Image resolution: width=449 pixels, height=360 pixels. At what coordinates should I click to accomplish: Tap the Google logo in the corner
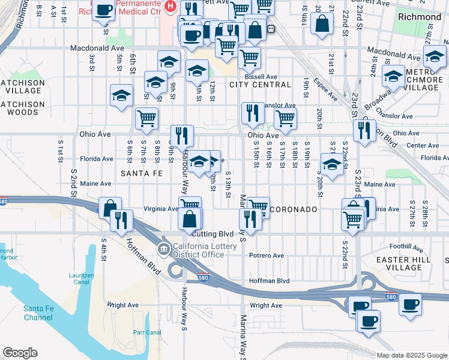pyautogui.click(x=20, y=353)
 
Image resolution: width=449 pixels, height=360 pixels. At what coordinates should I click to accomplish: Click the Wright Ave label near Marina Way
pyautogui.click(x=266, y=305)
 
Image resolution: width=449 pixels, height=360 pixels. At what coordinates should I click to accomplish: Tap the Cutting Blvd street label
pyautogui.click(x=214, y=233)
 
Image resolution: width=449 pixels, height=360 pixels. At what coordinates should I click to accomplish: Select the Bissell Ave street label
pyautogui.click(x=264, y=77)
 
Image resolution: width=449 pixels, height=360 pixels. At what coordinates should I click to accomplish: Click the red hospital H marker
pyautogui.click(x=170, y=7)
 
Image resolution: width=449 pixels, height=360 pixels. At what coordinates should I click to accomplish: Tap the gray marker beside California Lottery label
pyautogui.click(x=162, y=249)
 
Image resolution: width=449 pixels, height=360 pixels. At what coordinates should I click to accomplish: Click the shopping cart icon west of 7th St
pyautogui.click(x=146, y=118)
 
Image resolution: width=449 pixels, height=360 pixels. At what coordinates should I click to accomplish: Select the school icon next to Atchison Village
pyautogui.click(x=121, y=95)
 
